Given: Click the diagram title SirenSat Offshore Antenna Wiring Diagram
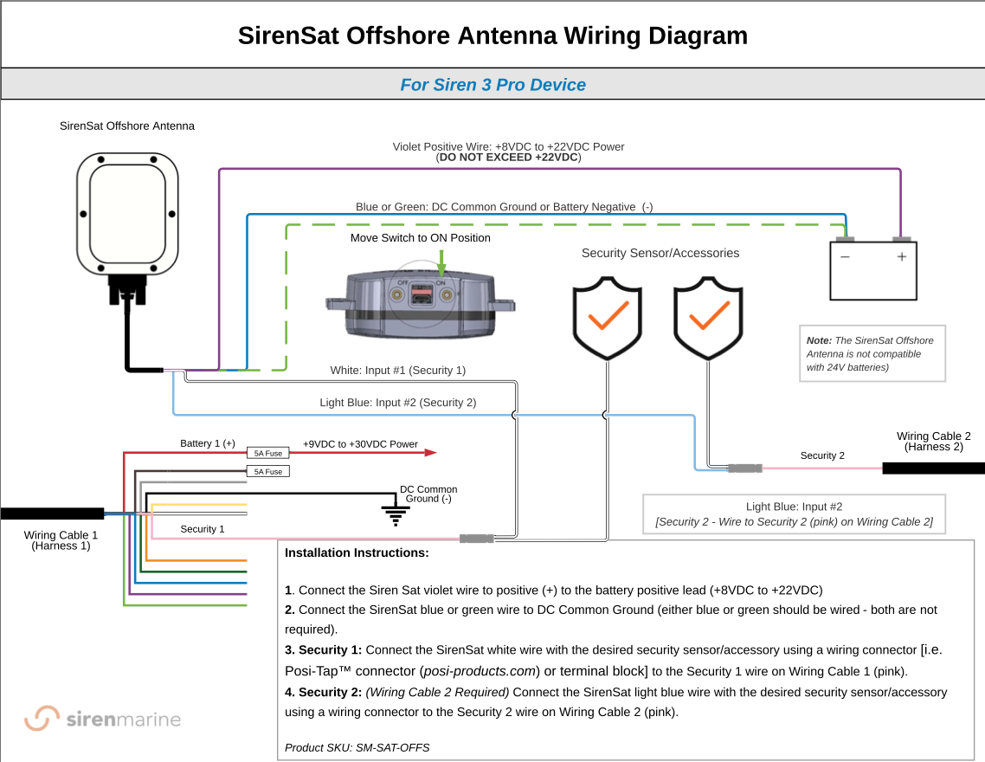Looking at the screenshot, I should pyautogui.click(x=492, y=36).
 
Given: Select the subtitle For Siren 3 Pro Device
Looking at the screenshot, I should pyautogui.click(x=492, y=85).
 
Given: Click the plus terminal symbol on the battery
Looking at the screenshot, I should pyautogui.click(x=901, y=257).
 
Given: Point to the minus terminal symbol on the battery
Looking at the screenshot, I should pyautogui.click(x=845, y=257).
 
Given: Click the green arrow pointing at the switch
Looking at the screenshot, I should pyautogui.click(x=442, y=262).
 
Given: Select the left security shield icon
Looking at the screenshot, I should pyautogui.click(x=607, y=318).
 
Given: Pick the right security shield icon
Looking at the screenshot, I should pyautogui.click(x=709, y=318).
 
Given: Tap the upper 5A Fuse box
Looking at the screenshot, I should pyautogui.click(x=268, y=453).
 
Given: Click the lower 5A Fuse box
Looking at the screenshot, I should pyautogui.click(x=268, y=472).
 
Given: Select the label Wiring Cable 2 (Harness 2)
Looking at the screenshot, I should pyautogui.click(x=933, y=442).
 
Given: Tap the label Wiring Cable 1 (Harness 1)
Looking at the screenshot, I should pyautogui.click(x=61, y=540).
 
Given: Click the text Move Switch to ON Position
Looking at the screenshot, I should pyautogui.click(x=421, y=238).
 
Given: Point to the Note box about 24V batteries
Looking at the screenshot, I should pyautogui.click(x=872, y=353).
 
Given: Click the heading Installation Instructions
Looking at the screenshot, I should pyautogui.click(x=357, y=552).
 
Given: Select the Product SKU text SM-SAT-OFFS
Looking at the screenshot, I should pyautogui.click(x=357, y=747).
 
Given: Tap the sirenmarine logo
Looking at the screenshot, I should pyautogui.click(x=102, y=719).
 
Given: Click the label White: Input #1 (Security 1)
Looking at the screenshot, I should pyautogui.click(x=398, y=371).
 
